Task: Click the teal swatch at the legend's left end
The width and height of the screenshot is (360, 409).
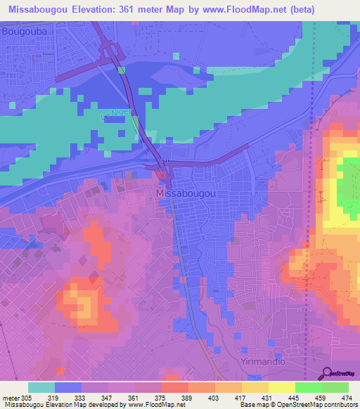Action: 41,387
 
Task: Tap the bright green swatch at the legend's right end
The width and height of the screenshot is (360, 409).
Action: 335,387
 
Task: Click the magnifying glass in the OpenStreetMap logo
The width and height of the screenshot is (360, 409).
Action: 328,372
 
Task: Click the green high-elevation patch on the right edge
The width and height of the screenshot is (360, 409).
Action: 348,183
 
